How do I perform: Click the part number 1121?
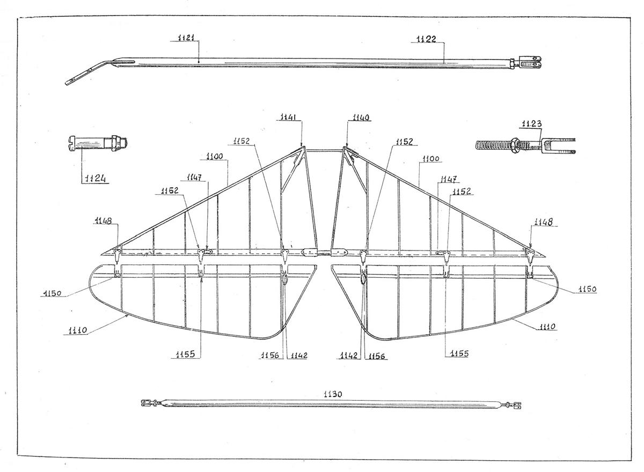click(186, 38)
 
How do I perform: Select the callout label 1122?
click(426, 39)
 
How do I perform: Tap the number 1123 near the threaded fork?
click(532, 124)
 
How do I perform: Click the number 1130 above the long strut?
click(333, 394)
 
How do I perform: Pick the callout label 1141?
click(288, 117)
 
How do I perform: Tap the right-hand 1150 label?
click(587, 289)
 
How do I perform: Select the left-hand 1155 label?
click(186, 354)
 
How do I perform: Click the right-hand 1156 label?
click(376, 356)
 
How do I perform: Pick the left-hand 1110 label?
click(77, 330)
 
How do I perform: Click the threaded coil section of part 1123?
click(492, 145)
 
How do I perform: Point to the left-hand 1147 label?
click(194, 177)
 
